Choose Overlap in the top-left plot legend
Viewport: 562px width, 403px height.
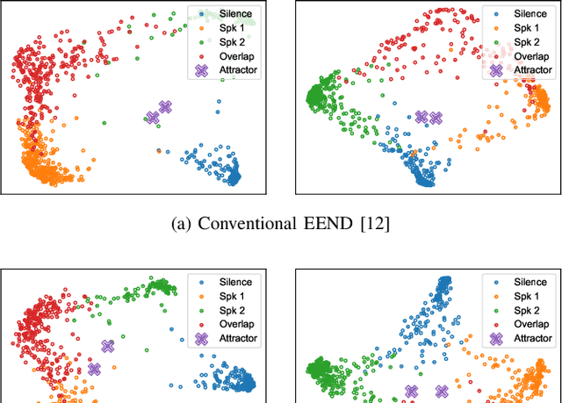coord(238,56)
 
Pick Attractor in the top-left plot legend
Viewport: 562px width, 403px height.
coord(240,70)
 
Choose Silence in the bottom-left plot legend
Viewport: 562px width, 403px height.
coord(234,282)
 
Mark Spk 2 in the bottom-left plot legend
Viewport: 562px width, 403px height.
coord(232,310)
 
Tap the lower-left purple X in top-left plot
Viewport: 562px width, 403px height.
coord(152,116)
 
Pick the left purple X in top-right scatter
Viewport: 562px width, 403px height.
coord(421,117)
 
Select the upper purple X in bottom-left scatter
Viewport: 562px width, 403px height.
coord(108,347)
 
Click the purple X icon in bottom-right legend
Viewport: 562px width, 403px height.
coord(497,338)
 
